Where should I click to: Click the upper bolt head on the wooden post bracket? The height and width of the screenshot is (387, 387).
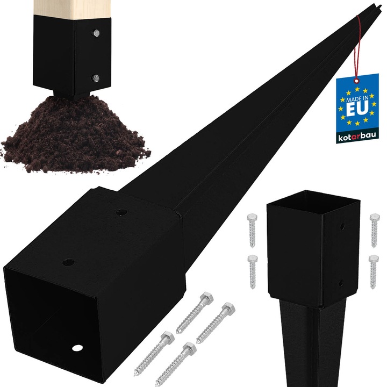click(x=96, y=33)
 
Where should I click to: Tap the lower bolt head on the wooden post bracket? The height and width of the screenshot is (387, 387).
click(x=96, y=78)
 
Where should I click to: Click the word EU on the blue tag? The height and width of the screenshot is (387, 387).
click(x=357, y=109)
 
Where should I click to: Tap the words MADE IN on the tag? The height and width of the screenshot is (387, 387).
click(x=357, y=99)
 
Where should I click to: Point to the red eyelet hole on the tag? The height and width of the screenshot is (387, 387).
click(x=356, y=81)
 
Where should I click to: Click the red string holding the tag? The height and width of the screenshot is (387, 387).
click(x=357, y=47)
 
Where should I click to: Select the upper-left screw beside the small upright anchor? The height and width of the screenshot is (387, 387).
click(x=252, y=230)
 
